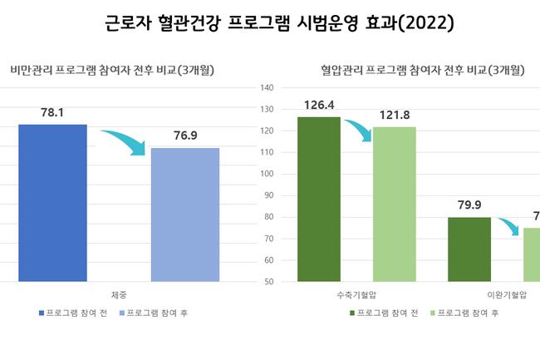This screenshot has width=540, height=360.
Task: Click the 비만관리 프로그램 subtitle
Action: point(112,71)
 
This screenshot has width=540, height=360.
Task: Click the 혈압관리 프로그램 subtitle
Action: point(423,71)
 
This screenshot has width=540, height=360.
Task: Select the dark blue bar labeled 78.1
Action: point(52,203)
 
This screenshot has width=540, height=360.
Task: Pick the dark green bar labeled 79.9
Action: point(469,249)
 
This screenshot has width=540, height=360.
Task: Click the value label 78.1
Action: point(52,111)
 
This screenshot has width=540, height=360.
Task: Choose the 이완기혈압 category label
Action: point(507,295)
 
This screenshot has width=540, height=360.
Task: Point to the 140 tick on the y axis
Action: point(267,88)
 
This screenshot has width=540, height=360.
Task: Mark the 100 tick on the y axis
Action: point(267,175)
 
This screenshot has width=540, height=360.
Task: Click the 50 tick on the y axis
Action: point(269,283)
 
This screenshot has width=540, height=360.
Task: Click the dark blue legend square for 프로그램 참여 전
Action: point(41,313)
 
